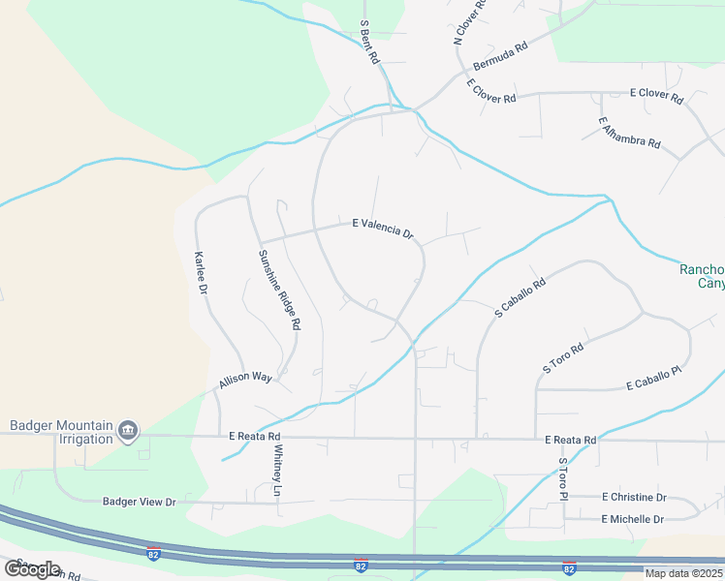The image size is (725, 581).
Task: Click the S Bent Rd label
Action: [369, 42]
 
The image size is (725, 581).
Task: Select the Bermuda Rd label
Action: [500, 57]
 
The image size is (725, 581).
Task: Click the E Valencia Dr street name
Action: [383, 228]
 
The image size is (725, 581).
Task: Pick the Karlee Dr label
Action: [202, 273]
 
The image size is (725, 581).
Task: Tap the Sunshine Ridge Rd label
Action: [279, 290]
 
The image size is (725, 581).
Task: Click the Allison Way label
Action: [246, 379]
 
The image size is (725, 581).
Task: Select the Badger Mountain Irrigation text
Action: [59, 431]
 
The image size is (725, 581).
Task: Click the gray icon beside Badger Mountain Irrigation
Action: [128, 431]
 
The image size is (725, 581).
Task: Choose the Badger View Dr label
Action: [140, 502]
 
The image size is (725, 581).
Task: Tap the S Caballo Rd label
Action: [520, 298]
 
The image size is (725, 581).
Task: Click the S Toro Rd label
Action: [563, 357]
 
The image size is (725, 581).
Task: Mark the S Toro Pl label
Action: [561, 479]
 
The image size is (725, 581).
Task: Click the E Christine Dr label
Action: [634, 497]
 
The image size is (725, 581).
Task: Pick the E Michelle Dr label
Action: [632, 519]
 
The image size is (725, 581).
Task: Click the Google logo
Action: [32, 568]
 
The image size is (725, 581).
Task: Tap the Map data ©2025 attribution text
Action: [682, 573]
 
